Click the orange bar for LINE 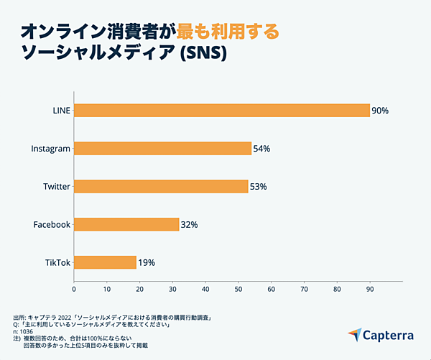pos(221,111)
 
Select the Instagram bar pos(162,149)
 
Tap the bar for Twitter pos(161,187)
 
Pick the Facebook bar pos(126,224)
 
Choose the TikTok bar pos(105,262)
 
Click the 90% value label pos(380,111)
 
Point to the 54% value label pos(261,149)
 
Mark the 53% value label pos(258,187)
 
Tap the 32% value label pos(189,225)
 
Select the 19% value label pos(146,262)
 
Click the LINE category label pos(62,111)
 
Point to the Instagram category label pos(51,149)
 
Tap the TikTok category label pos(57,262)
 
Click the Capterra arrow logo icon pos(356,335)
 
